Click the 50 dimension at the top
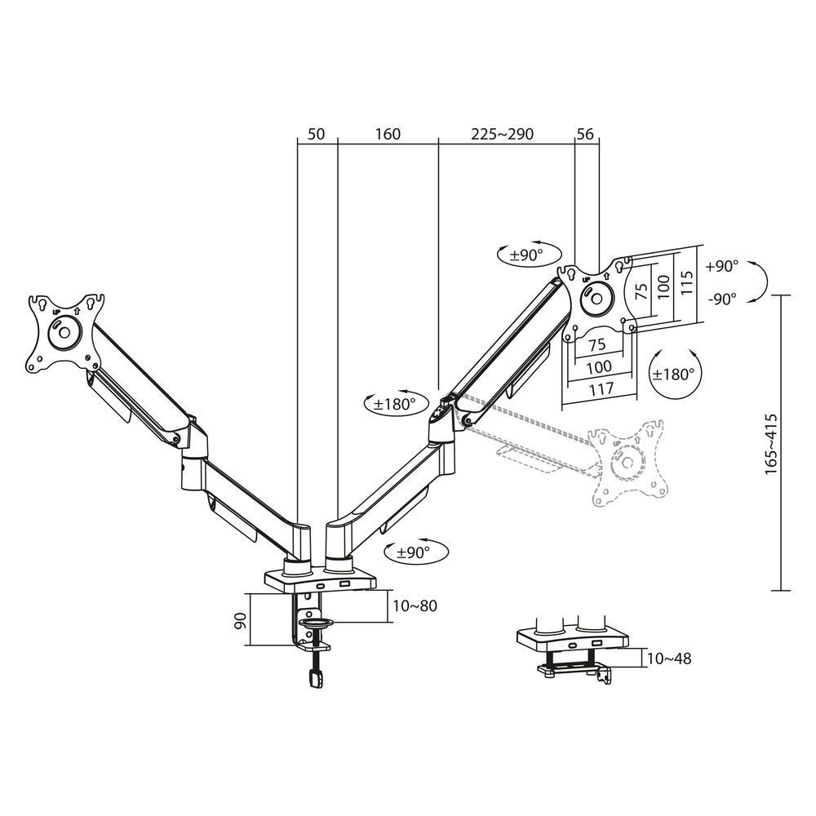pyautogui.click(x=317, y=134)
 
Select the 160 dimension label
pyautogui.click(x=388, y=134)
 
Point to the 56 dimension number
pyautogui.click(x=586, y=134)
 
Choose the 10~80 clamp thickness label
pyautogui.click(x=415, y=605)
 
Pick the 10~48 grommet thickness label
pyautogui.click(x=668, y=658)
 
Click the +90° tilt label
pyautogui.click(x=722, y=266)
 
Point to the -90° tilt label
pyautogui.click(x=722, y=298)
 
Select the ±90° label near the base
pyautogui.click(x=413, y=552)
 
